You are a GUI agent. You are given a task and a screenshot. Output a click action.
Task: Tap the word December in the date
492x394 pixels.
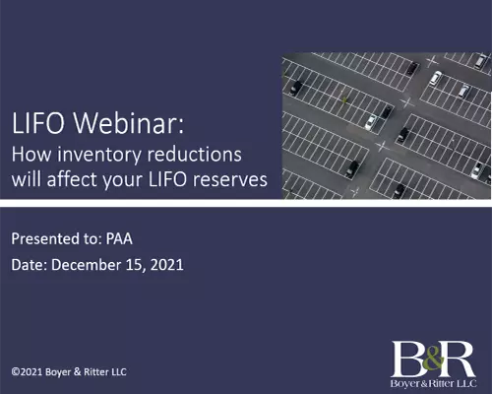click(x=103, y=265)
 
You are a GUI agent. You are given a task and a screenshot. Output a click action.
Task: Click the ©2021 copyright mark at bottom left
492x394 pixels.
click(x=31, y=371)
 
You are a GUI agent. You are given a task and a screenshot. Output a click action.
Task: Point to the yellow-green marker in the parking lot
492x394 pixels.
click(x=343, y=98)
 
